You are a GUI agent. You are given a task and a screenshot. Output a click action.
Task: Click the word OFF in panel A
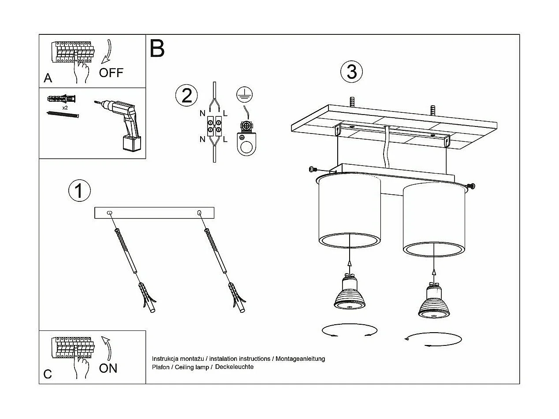(111, 73)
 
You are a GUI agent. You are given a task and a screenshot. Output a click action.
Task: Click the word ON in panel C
(108, 368)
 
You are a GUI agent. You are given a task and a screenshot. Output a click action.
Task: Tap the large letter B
(157, 48)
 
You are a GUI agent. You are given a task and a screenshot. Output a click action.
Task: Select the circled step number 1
(79, 191)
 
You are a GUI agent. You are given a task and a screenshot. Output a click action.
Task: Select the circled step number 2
(186, 96)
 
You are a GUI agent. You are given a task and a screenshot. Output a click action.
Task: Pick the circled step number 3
(351, 72)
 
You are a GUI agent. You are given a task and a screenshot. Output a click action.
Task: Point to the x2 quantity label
(65, 108)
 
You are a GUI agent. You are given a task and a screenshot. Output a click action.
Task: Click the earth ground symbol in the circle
(241, 93)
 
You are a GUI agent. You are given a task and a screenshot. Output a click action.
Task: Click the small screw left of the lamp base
(313, 169)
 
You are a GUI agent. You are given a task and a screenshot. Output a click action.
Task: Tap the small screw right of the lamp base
(472, 186)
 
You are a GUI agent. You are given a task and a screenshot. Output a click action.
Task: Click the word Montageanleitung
(300, 359)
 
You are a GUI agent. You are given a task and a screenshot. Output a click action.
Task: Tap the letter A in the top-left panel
(48, 78)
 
